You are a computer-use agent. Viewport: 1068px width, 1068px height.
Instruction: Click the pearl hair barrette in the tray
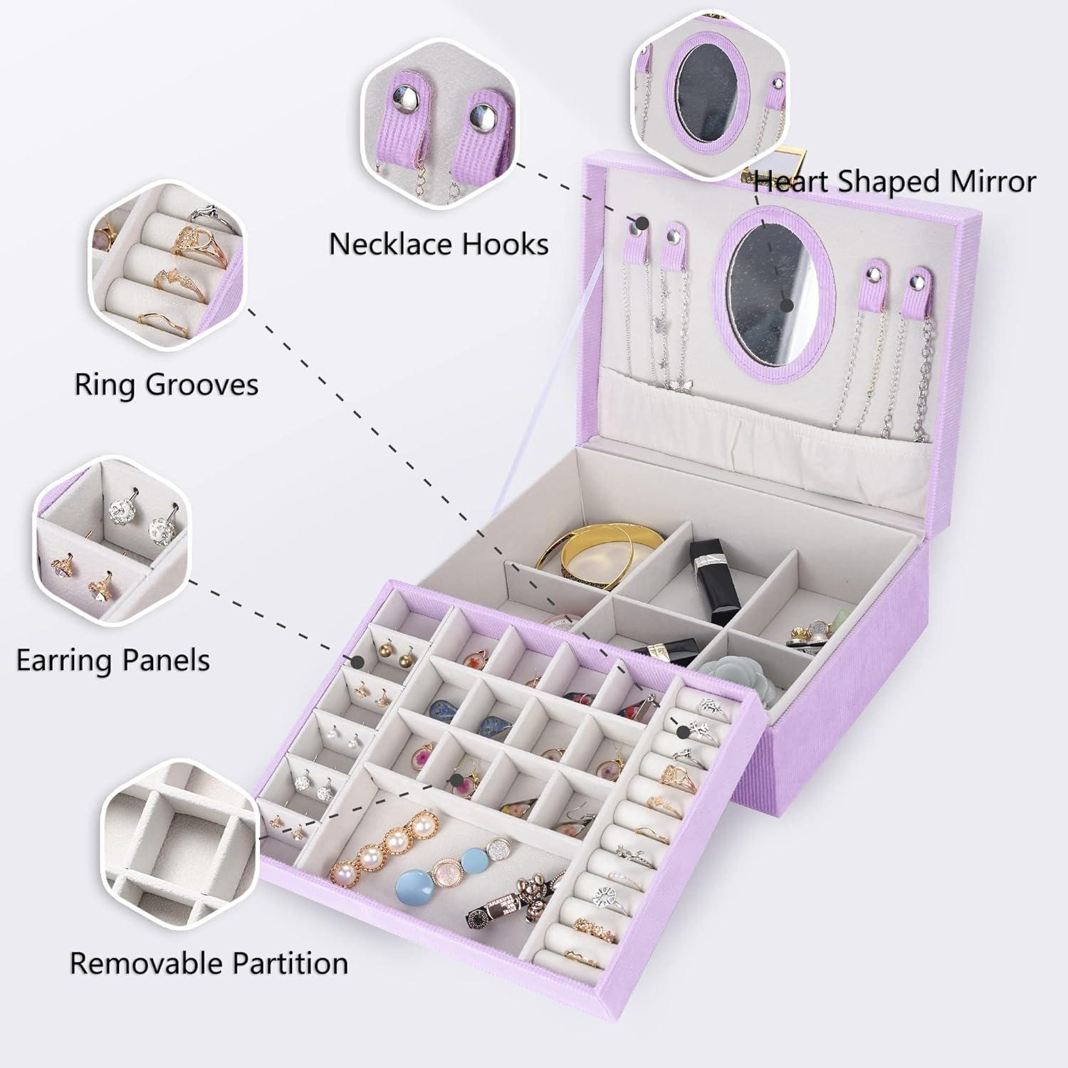point(384,847)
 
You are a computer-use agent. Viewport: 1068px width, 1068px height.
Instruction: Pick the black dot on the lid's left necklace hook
point(642,224)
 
